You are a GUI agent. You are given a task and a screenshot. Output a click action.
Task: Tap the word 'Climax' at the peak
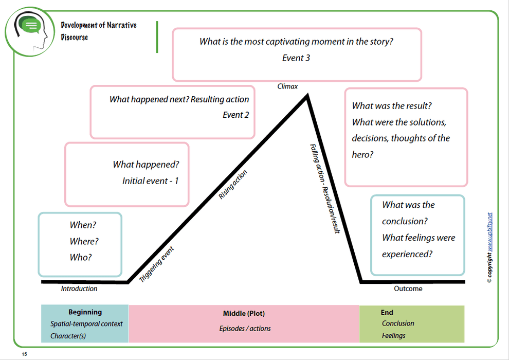tap(287, 86)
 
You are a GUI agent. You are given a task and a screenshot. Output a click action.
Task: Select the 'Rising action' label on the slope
tap(233, 184)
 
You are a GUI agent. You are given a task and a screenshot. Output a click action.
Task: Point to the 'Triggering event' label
tap(157, 264)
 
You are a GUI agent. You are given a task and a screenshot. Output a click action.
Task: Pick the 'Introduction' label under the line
tap(79, 289)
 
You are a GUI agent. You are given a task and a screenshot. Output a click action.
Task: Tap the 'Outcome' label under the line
tap(408, 289)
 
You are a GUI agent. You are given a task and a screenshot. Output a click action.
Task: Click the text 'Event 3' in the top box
tap(296, 58)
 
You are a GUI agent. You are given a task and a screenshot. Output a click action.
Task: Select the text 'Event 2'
tap(235, 115)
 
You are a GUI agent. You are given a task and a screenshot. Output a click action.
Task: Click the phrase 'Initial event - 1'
tap(150, 181)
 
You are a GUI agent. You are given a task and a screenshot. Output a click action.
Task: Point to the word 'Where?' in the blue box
tap(84, 241)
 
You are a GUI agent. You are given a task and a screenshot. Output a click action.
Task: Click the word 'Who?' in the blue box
tap(81, 258)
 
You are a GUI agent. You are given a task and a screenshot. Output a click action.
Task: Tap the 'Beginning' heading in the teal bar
tap(85, 312)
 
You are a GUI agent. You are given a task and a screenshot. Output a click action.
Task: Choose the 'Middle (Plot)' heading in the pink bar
tap(244, 313)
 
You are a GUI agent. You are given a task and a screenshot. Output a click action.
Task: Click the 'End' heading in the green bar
tap(387, 312)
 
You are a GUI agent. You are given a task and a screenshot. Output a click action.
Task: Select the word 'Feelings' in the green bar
tap(393, 335)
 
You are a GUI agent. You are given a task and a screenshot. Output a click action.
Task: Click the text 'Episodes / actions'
tap(245, 328)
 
